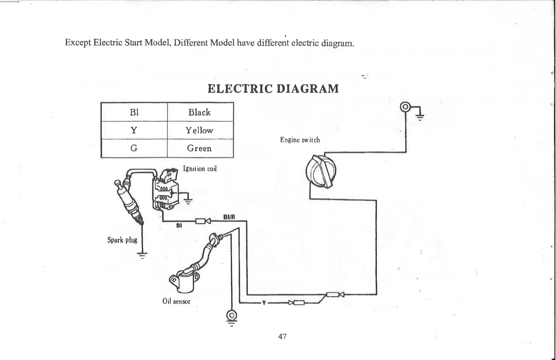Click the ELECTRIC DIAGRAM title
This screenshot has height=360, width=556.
tap(273, 88)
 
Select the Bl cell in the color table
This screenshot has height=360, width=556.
tap(134, 112)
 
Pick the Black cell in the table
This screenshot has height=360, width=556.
tap(199, 112)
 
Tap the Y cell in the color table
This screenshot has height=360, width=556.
tap(134, 130)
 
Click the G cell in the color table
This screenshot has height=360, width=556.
tap(134, 148)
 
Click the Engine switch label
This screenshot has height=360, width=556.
tap(300, 140)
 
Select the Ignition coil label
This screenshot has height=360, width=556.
tap(199, 169)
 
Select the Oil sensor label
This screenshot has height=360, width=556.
tap(176, 301)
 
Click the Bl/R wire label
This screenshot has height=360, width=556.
tap(229, 216)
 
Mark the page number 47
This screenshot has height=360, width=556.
tap(282, 336)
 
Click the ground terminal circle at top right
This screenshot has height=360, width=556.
tap(405, 108)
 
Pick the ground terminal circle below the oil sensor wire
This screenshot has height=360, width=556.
tap(232, 315)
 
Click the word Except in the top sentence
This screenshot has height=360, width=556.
tap(78, 44)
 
